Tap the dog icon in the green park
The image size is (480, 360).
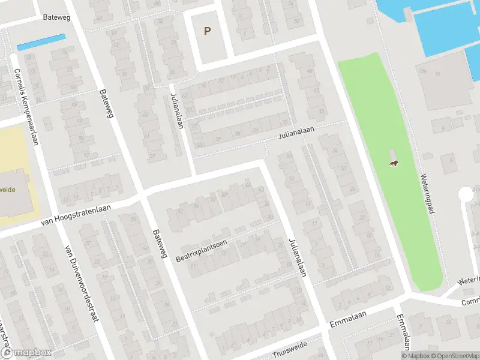click(394, 164)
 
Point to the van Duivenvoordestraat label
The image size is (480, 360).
click(81, 284)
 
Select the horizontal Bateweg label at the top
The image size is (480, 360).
click(57, 17)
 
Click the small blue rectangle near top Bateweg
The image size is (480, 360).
click(41, 42)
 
